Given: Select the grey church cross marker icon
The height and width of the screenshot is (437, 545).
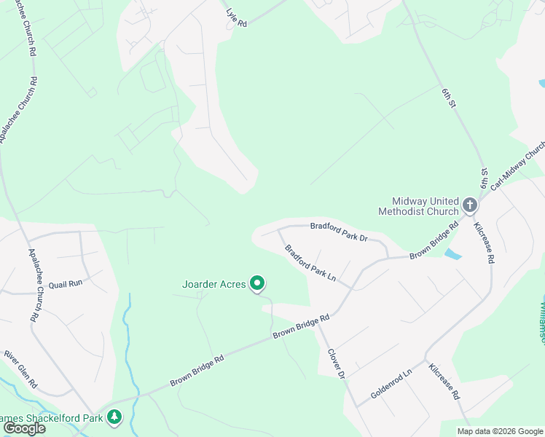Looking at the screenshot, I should click(x=470, y=205).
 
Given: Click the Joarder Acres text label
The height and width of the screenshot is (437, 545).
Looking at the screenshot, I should click(x=213, y=284).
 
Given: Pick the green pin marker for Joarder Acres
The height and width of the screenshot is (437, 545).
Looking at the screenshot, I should click(x=257, y=283).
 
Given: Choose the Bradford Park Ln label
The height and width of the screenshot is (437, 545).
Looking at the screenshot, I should click(x=310, y=263).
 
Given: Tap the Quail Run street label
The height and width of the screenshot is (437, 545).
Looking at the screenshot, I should click(x=66, y=283).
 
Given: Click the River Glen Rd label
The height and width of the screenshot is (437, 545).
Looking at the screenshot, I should click(x=20, y=369).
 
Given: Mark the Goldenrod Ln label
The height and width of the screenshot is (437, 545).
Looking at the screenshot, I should click(x=391, y=382).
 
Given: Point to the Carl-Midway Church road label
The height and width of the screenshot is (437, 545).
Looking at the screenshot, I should click(x=518, y=165).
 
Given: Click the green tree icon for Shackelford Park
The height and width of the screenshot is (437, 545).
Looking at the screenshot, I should click(x=114, y=417).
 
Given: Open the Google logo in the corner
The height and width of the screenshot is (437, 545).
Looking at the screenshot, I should click(x=23, y=428).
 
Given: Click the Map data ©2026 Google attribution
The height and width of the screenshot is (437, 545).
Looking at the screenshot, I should click(x=500, y=431).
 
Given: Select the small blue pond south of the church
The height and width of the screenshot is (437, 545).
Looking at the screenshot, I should click(x=452, y=255).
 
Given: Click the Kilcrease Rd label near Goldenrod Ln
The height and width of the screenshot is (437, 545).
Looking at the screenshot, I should click(x=444, y=382).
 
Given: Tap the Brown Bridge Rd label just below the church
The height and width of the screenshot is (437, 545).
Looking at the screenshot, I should click(x=434, y=240).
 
